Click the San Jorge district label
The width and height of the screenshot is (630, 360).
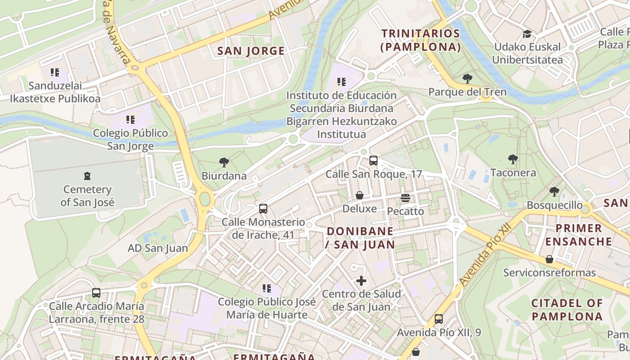coord(251,51)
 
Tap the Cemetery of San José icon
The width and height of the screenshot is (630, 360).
coord(87,175)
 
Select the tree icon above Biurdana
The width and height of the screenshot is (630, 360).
coord(224,162)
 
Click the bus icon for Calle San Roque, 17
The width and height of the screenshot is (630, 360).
coord(373,161)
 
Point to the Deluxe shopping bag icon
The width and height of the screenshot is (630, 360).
coord(359,195)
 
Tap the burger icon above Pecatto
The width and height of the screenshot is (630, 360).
coord(405,198)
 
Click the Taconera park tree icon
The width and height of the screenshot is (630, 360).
coord(513,159)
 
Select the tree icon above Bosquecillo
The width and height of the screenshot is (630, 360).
coord(554,192)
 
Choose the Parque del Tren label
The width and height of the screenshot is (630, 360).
coord(467,92)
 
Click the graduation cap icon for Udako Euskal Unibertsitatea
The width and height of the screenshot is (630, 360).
coord(527,34)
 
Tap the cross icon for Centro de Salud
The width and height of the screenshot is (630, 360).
coord(361,281)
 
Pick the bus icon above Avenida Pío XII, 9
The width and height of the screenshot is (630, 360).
coord(438,319)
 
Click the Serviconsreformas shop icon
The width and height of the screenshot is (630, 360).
coord(549,259)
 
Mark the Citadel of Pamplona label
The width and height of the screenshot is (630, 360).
coord(567,310)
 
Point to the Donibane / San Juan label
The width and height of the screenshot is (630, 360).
coord(360,238)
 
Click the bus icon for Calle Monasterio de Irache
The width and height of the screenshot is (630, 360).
coord(263,209)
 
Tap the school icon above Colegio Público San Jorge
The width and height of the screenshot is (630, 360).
coord(130,120)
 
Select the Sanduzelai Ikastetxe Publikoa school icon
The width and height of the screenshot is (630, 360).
coord(55,72)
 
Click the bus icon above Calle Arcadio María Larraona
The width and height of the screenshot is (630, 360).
coord(96,293)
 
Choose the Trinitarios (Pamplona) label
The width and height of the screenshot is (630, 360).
coord(421,40)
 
